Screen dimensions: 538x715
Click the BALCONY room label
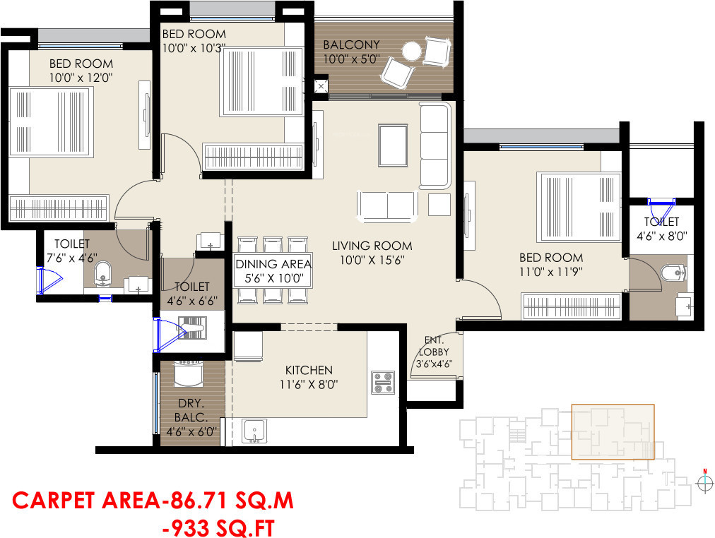pos(351,45)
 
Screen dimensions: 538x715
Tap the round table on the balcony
pos(410,50)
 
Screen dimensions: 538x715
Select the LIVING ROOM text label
pos(372,246)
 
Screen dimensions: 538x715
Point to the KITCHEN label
pos(309,370)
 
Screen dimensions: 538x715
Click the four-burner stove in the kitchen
pos(382,382)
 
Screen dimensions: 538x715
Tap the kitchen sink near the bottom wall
pos(253,430)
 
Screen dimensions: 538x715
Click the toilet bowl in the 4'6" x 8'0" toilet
pos(670,271)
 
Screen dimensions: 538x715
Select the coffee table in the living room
pos(392,145)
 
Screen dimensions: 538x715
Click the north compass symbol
pos(704,482)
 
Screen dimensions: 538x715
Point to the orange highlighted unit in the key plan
pos(613,431)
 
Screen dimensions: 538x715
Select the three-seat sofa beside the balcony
pos(435,145)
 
